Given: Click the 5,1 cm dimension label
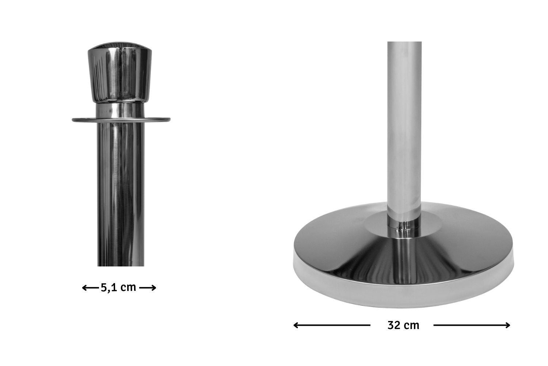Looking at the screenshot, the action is point(118,288).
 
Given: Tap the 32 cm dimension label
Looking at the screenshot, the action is point(403,325).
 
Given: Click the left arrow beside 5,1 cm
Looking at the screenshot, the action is point(90,288).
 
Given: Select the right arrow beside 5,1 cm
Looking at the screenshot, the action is point(148,288).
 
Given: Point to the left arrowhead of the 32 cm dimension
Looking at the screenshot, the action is point(296,325).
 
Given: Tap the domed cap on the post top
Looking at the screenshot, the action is point(119,72).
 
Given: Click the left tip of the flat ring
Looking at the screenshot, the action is point(72,120).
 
